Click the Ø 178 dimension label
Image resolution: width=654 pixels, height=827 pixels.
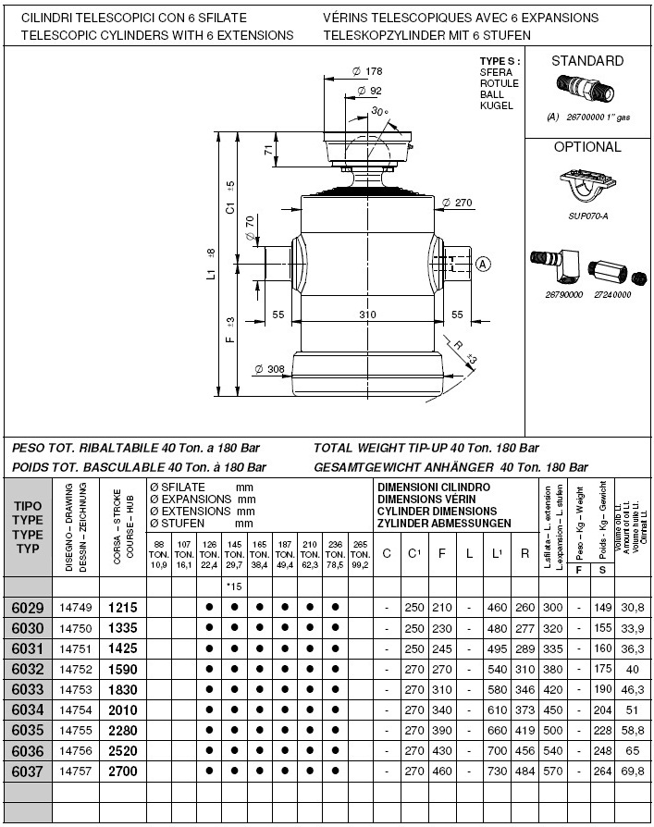[x=371, y=71]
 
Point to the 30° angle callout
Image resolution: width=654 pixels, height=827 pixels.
[x=379, y=112]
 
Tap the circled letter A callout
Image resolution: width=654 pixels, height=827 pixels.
[x=482, y=264]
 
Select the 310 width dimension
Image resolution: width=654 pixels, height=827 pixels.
[x=367, y=315]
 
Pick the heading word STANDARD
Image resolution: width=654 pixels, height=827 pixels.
[x=587, y=61]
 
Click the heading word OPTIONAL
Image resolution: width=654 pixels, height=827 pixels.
[x=587, y=147]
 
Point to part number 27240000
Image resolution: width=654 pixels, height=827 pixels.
[x=611, y=295]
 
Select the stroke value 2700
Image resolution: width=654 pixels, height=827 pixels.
[x=122, y=771]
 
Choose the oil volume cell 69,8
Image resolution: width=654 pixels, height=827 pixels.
[x=633, y=771]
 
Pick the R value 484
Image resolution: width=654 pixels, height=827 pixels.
[x=525, y=771]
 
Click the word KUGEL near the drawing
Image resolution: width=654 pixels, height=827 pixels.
[x=495, y=105]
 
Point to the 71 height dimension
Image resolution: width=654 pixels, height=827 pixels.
[x=268, y=150]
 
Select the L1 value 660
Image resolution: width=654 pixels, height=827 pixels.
[x=498, y=730]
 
